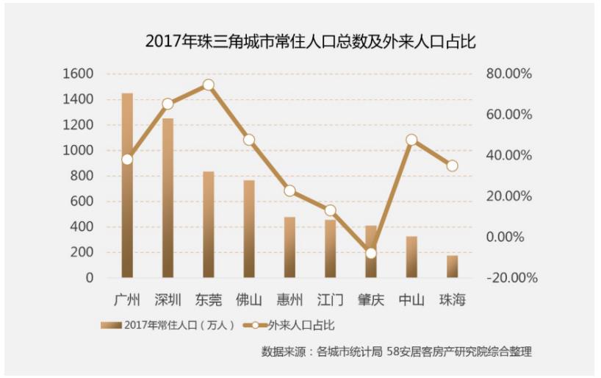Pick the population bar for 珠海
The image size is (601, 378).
tap(452, 266)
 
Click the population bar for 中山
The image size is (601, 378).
tap(411, 257)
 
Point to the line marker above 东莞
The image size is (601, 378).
tap(209, 85)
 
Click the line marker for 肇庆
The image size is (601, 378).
tap(371, 253)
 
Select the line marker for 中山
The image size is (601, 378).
tap(411, 140)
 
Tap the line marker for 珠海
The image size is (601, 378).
tap(452, 166)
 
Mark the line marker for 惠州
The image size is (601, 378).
tap(289, 191)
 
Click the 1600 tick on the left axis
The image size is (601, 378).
tap(79, 74)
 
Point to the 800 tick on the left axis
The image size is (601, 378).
tap(83, 176)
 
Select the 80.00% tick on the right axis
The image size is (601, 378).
tap(508, 74)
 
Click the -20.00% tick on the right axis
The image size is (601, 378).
tap(512, 278)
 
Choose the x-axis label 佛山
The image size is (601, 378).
tap(249, 300)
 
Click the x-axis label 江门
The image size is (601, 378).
tap(330, 300)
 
